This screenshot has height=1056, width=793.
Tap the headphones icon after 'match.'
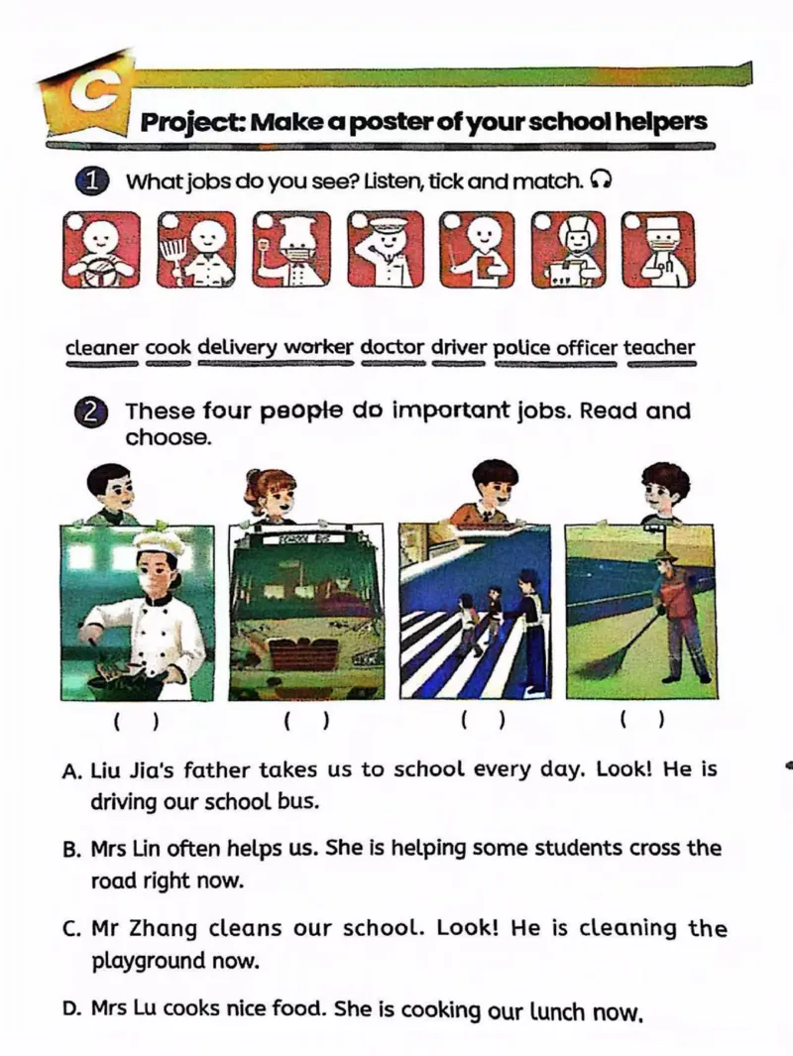pyautogui.click(x=601, y=179)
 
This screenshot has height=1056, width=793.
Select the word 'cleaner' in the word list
pyautogui.click(x=102, y=348)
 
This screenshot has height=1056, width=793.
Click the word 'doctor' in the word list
pyautogui.click(x=393, y=347)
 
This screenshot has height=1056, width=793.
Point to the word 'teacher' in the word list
pyautogui.click(x=659, y=347)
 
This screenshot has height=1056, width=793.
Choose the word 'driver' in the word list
pyautogui.click(x=458, y=347)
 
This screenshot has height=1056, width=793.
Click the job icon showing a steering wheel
pyautogui.click(x=102, y=250)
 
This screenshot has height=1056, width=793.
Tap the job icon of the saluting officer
pyautogui.click(x=386, y=250)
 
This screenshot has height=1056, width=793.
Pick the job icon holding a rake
pyautogui.click(x=196, y=250)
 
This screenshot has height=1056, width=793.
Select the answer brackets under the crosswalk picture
pyautogui.click(x=483, y=721)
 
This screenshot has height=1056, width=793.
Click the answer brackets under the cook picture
pyautogui.click(x=136, y=722)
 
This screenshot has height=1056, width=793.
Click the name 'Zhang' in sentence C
pyautogui.click(x=164, y=929)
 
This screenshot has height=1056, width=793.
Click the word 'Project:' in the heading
pyautogui.click(x=192, y=123)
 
